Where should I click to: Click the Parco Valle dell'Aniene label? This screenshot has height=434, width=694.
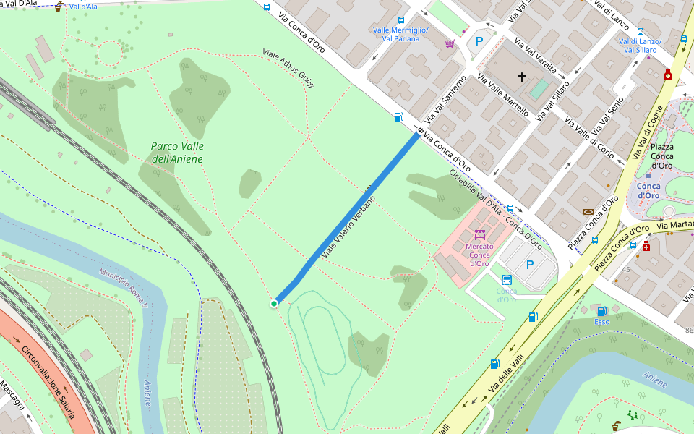[x=176, y=153]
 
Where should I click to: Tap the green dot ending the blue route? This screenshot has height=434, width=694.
[x=274, y=304]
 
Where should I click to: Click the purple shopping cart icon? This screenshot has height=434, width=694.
[x=450, y=43]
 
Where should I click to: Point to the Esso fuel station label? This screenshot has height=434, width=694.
[x=601, y=322]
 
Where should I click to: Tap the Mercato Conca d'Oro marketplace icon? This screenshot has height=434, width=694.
[x=479, y=234]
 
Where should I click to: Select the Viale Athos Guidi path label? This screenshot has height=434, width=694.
[x=288, y=69]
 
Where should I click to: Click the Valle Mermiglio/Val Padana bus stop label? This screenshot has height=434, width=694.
[x=400, y=34]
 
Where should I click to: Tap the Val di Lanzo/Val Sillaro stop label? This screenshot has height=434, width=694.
[x=639, y=46]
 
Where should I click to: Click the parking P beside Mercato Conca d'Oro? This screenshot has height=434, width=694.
[x=530, y=265]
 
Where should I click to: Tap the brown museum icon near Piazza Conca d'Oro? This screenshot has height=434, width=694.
[x=588, y=213]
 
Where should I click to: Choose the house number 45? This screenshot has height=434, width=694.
[x=626, y=270]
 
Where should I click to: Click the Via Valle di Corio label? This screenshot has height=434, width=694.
[x=585, y=130]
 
